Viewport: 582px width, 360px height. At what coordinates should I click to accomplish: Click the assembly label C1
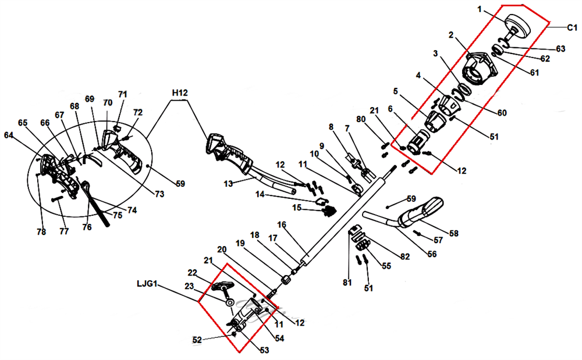(572, 27)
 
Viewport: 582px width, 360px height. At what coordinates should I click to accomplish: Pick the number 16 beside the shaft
(282, 224)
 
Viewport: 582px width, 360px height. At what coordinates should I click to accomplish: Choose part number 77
(64, 231)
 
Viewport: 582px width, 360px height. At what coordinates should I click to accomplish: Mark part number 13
(229, 183)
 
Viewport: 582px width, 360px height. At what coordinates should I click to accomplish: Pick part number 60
(502, 112)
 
